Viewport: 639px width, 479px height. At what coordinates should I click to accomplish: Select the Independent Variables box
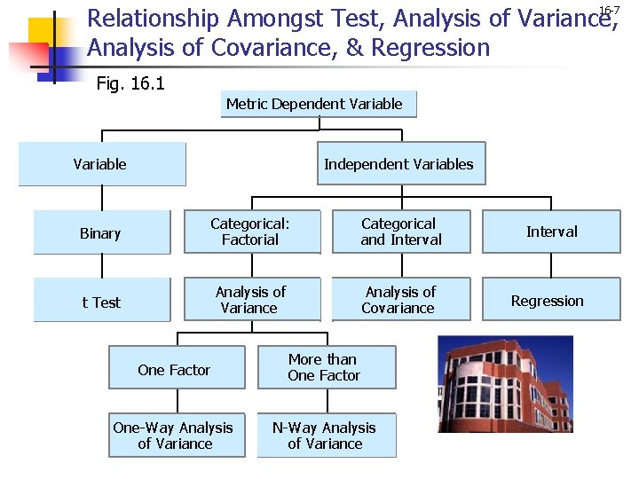pyautogui.click(x=401, y=164)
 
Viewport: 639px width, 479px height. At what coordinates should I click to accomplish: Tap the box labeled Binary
pyautogui.click(x=101, y=233)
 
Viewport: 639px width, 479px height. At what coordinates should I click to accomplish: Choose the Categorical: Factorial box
pyautogui.click(x=251, y=232)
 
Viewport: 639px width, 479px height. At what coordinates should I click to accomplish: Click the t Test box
pyautogui.click(x=101, y=302)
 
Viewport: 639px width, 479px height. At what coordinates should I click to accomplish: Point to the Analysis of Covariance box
pyautogui.click(x=400, y=301)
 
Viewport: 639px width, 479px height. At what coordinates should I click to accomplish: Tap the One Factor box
pyautogui.click(x=176, y=370)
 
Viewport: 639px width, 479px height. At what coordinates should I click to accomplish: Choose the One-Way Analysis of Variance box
pyautogui.click(x=174, y=436)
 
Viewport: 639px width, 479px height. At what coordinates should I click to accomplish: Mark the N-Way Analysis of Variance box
pyautogui.click(x=326, y=436)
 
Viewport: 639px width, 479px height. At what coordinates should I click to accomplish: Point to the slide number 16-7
pyautogui.click(x=609, y=11)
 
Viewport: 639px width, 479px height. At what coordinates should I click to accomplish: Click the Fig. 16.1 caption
pyautogui.click(x=130, y=84)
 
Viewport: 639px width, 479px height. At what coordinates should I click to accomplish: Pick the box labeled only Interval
pyautogui.click(x=551, y=232)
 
